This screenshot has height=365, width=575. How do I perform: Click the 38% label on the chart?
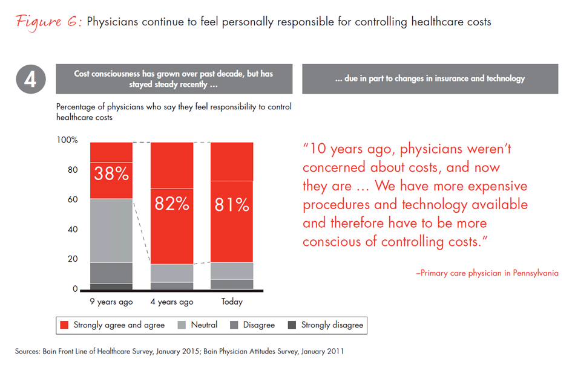tap(111, 174)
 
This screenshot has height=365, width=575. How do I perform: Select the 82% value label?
tap(172, 204)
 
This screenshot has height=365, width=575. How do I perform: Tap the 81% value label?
tap(232, 205)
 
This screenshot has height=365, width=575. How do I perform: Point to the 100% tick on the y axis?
tap(67, 140)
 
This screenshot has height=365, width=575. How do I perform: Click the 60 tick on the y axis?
tap(73, 199)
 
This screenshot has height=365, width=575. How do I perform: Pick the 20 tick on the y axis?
tap(73, 259)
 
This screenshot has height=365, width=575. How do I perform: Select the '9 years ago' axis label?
tap(111, 302)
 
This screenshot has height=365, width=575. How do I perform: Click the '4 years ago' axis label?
tap(172, 302)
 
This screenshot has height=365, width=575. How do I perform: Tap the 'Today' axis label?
tap(232, 302)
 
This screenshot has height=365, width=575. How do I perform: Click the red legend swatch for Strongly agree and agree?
tap(64, 325)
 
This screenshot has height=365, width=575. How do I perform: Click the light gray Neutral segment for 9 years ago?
tap(111, 230)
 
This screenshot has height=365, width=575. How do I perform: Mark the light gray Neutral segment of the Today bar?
tap(232, 271)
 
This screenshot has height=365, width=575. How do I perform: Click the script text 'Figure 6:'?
tap(48, 22)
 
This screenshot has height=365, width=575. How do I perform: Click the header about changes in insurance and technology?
tap(430, 79)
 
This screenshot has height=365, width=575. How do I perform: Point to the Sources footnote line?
tap(182, 350)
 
